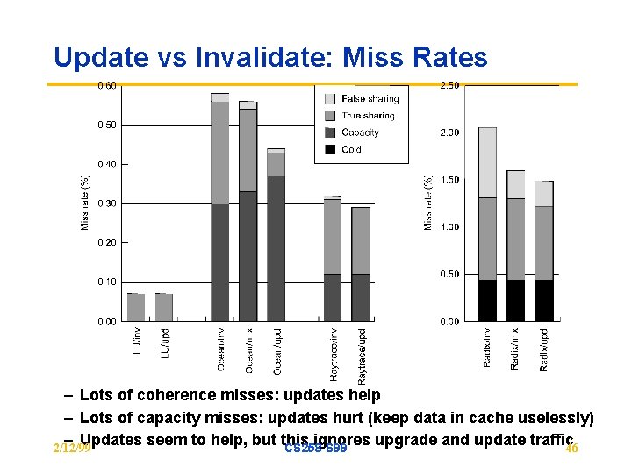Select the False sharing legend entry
pos(370,99)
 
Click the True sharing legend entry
pos(368,116)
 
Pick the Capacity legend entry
pos(360,133)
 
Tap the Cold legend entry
pos(351,149)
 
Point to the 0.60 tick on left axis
pos(105,85)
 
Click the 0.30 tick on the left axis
pos(105,204)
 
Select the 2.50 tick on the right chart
pos(449,85)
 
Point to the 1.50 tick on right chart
pos(449,180)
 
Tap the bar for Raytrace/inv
pos(332,263)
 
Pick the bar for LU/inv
pos(136,307)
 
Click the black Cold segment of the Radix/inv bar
pos(487,300)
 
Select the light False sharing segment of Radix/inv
pos(487,162)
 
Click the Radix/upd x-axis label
pos(544,348)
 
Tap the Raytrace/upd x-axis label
pos(362,354)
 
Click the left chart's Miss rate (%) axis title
pos(85,202)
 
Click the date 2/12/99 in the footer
pos(71,449)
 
